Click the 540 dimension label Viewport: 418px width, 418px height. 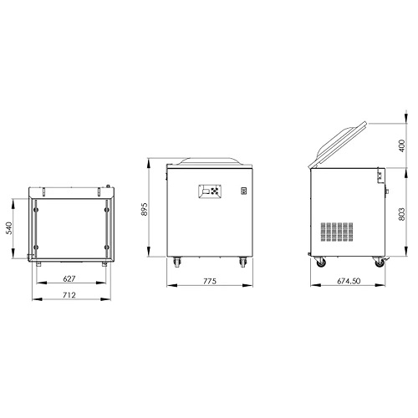point(9,228)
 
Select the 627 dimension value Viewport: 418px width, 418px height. point(69,278)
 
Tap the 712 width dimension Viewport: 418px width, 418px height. point(69,295)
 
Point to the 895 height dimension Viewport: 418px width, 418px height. point(145,209)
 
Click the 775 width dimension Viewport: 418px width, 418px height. point(210,281)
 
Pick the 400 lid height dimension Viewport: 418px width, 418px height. point(402,145)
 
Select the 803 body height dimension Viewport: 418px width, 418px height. point(402,214)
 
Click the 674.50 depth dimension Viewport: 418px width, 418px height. point(349,281)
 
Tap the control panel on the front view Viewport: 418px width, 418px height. point(210,191)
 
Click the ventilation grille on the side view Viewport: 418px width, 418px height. point(337,232)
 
